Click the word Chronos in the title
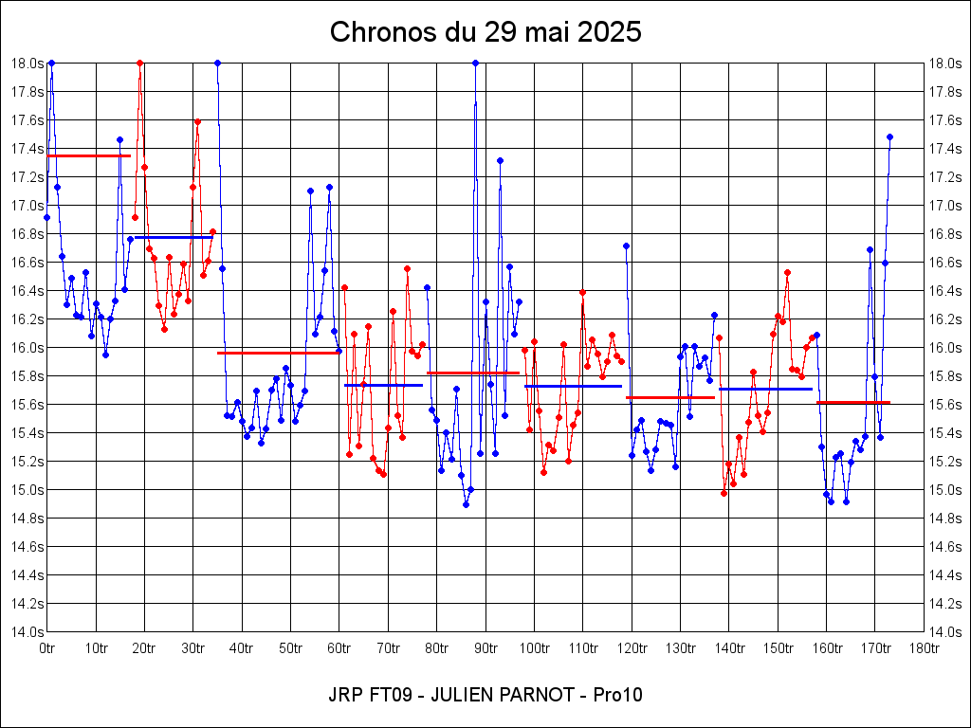[x=369, y=32]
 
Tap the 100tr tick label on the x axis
[x=534, y=648]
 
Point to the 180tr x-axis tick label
[x=924, y=648]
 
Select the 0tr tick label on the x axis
[x=46, y=648]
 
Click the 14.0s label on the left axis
[x=27, y=631]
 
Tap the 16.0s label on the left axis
[x=27, y=347]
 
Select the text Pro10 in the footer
[x=617, y=695]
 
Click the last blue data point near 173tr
[x=889, y=136]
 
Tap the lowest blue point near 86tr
[x=466, y=504]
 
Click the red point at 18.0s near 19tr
[x=139, y=63]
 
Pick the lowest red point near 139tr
[x=724, y=493]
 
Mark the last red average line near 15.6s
[x=853, y=403]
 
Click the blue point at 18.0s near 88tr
[x=475, y=63]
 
